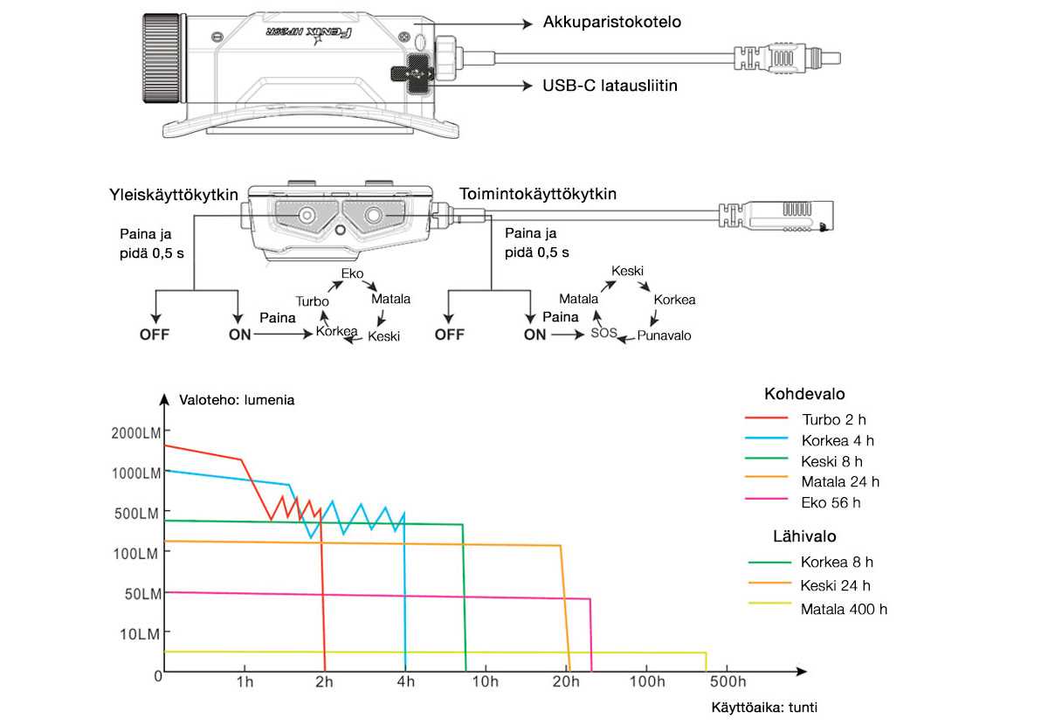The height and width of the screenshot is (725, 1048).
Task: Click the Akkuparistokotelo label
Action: coord(611,22)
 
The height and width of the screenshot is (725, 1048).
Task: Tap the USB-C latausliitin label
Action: coord(610,86)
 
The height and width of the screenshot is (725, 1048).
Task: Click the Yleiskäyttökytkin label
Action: coord(174,195)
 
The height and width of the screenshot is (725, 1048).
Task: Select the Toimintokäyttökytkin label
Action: coord(538,194)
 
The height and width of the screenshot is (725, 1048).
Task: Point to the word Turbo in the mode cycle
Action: coord(312,301)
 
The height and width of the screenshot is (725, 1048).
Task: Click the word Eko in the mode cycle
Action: coord(352,273)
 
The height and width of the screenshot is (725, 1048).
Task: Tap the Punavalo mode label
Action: coord(664,335)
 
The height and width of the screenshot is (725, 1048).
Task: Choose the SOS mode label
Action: coord(603,333)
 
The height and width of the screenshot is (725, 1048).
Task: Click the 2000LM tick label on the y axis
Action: coord(135,433)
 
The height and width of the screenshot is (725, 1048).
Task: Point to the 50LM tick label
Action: coord(142,594)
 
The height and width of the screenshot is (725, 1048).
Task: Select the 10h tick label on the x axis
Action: coord(486,681)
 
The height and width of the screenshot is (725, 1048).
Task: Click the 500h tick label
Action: coord(727,681)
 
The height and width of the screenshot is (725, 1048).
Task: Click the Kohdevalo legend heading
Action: coord(804,394)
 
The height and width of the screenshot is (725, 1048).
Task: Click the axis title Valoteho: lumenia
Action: coord(237,400)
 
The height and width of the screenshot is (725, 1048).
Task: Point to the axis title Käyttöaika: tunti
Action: coord(764,708)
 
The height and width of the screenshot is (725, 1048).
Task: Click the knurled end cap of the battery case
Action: coord(162,58)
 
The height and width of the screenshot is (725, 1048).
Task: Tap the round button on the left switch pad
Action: coord(307,216)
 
